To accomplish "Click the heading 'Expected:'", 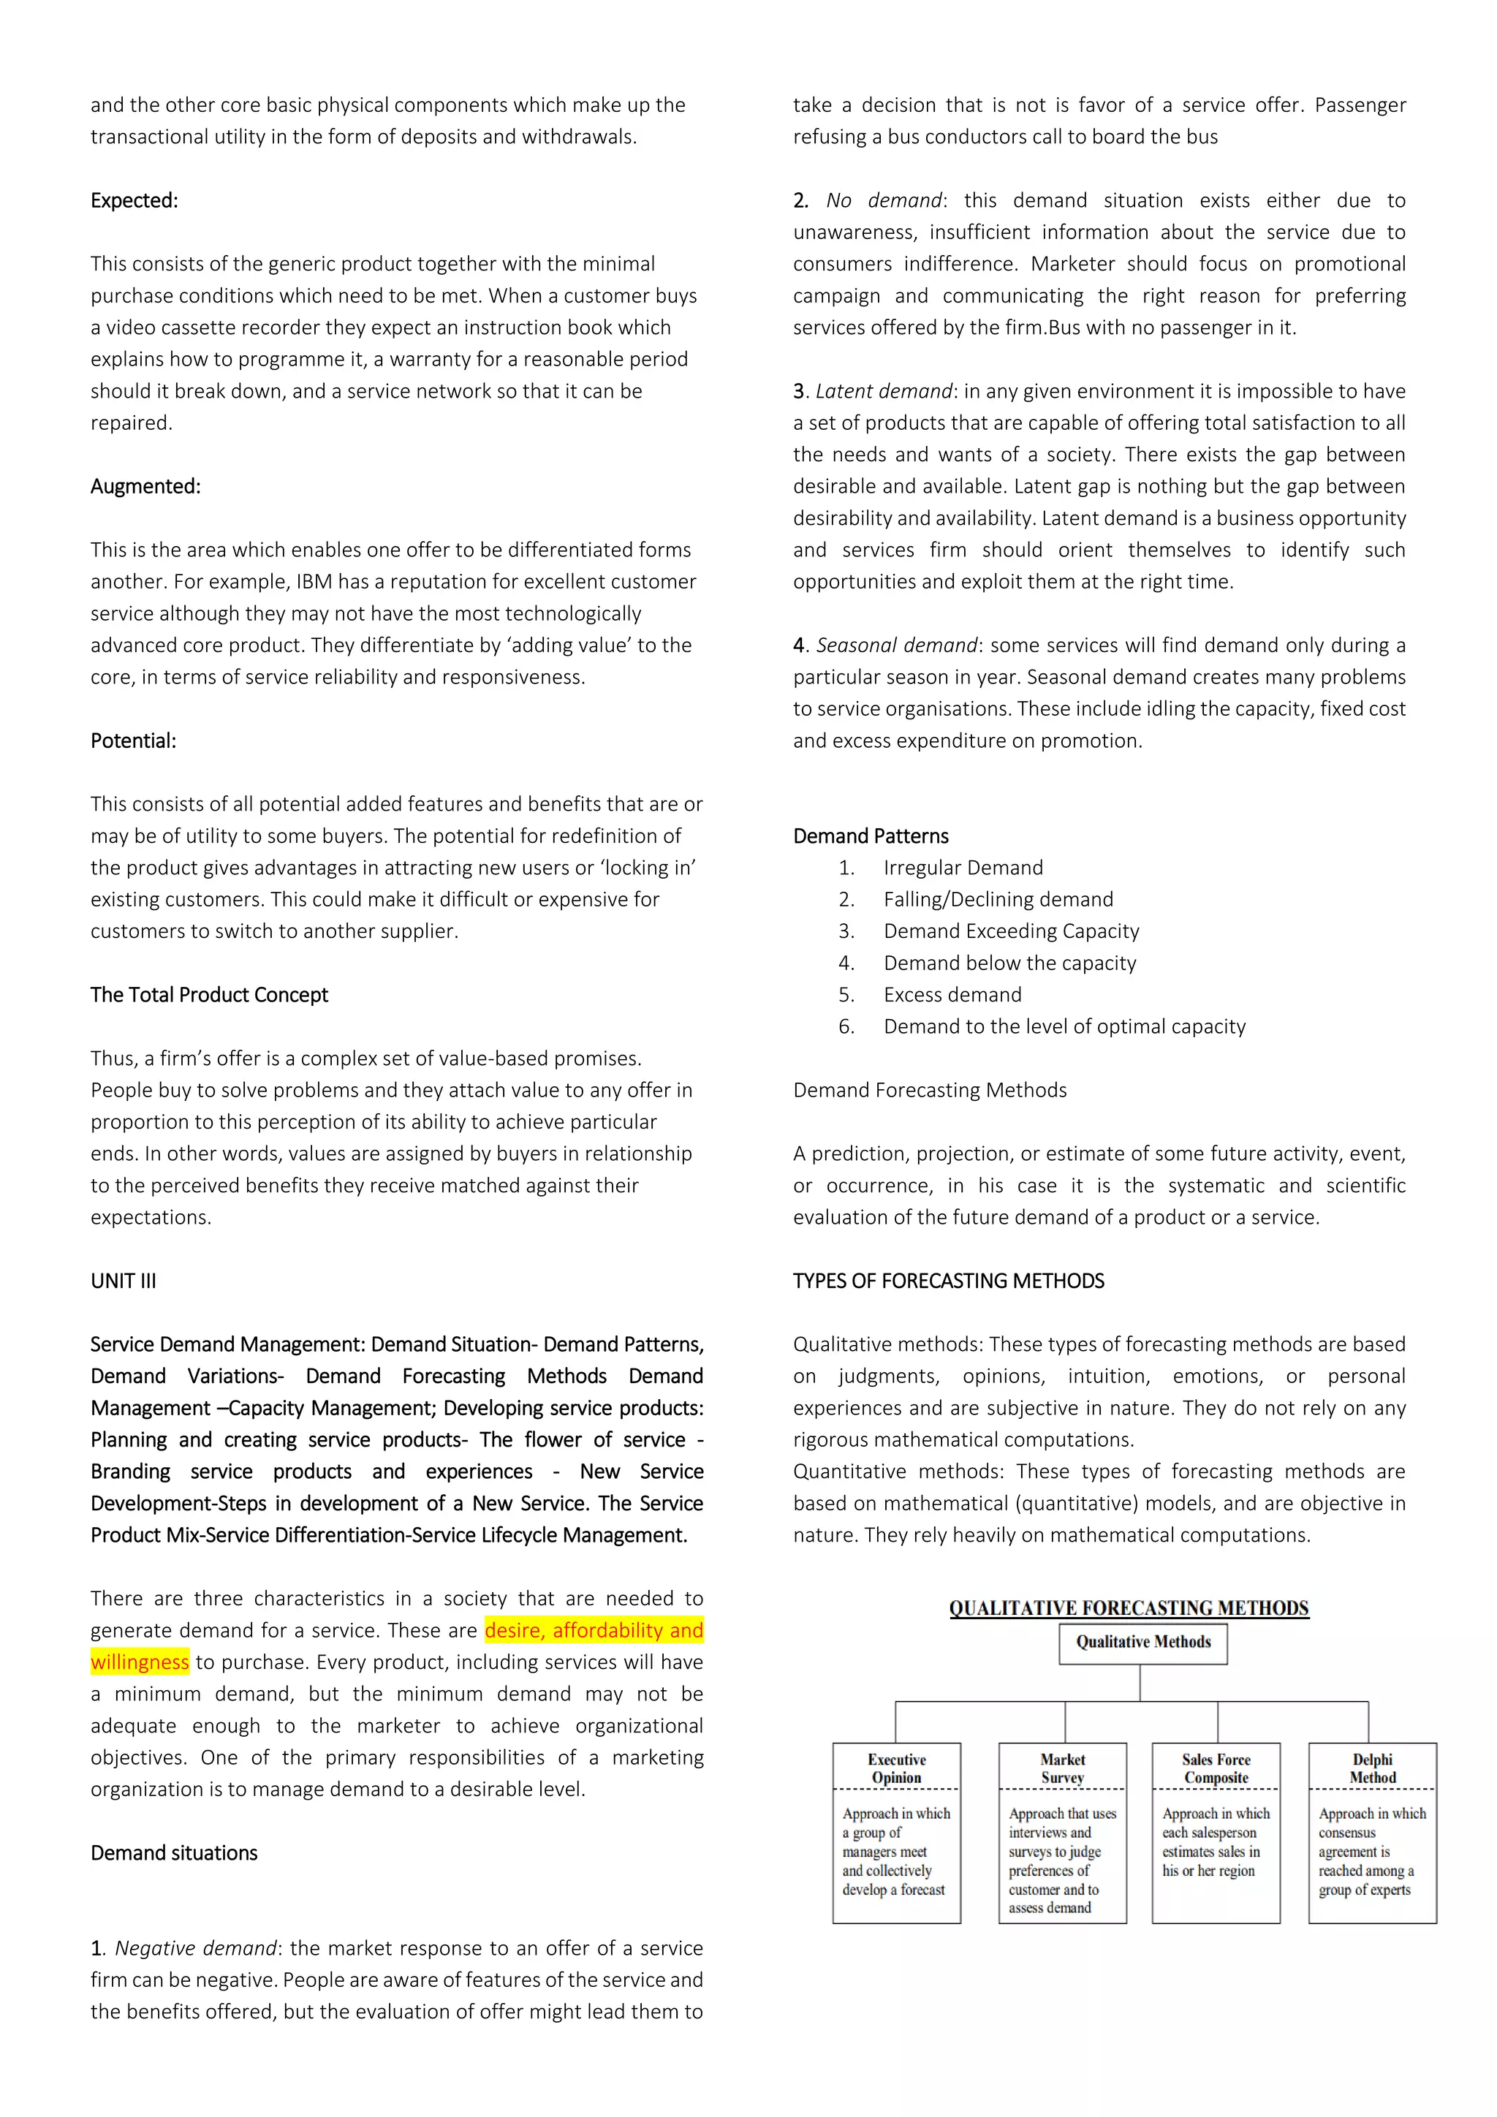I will (x=134, y=201).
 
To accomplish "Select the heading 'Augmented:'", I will (x=145, y=487).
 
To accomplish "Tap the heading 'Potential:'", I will (x=134, y=741).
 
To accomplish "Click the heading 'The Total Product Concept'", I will (x=209, y=995).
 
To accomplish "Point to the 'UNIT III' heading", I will (x=124, y=1281).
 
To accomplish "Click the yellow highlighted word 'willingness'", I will (x=140, y=1662).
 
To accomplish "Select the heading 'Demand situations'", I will (x=174, y=1853).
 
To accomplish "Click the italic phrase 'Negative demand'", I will (x=194, y=1948).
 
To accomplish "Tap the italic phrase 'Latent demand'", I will (x=883, y=392).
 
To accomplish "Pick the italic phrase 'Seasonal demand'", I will (x=896, y=645).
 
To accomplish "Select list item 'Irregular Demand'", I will (x=963, y=868).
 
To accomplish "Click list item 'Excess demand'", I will (x=952, y=995).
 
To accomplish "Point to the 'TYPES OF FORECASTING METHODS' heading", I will (x=949, y=1281).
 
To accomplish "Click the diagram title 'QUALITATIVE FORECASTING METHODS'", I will (x=1129, y=1608).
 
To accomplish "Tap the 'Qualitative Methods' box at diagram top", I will (x=1143, y=1642).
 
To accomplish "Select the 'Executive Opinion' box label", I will (x=896, y=1768).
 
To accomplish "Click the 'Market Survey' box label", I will (x=1062, y=1768).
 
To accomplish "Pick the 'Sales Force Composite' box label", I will (x=1216, y=1768).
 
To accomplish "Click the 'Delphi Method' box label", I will (x=1373, y=1768).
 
